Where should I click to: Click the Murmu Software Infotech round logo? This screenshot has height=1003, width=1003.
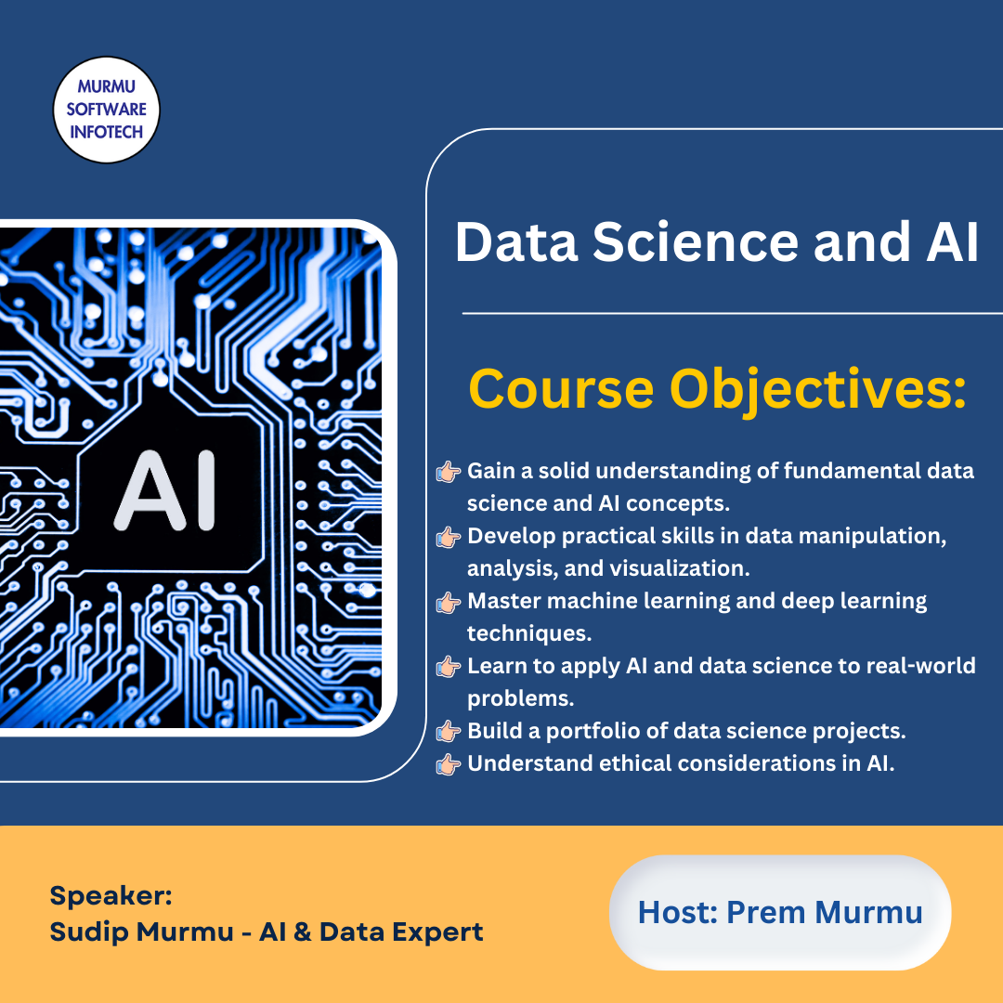pos(106,110)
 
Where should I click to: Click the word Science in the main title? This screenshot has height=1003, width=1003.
pos(696,241)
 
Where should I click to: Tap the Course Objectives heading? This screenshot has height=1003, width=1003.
pos(717,390)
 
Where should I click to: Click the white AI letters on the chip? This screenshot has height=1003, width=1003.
pos(165,490)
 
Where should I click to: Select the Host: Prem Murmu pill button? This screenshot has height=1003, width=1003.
pos(780,912)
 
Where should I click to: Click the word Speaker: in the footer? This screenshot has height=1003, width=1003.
pos(111,895)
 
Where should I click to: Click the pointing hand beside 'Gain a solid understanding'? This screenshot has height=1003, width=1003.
pos(448,472)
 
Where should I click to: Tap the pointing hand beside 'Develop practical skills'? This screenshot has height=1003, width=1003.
pos(448,538)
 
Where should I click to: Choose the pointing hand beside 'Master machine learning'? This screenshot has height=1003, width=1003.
pos(448,603)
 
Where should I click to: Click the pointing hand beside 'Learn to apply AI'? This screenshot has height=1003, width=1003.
pos(448,667)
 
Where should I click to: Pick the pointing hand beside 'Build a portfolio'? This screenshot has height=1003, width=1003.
pos(448,732)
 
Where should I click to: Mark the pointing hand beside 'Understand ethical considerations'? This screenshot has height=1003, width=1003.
pos(448,764)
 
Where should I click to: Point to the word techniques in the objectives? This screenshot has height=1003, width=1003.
pos(529,634)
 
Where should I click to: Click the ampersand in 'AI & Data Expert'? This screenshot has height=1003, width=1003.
pos(302,932)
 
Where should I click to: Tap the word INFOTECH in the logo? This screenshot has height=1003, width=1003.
pos(106,133)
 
